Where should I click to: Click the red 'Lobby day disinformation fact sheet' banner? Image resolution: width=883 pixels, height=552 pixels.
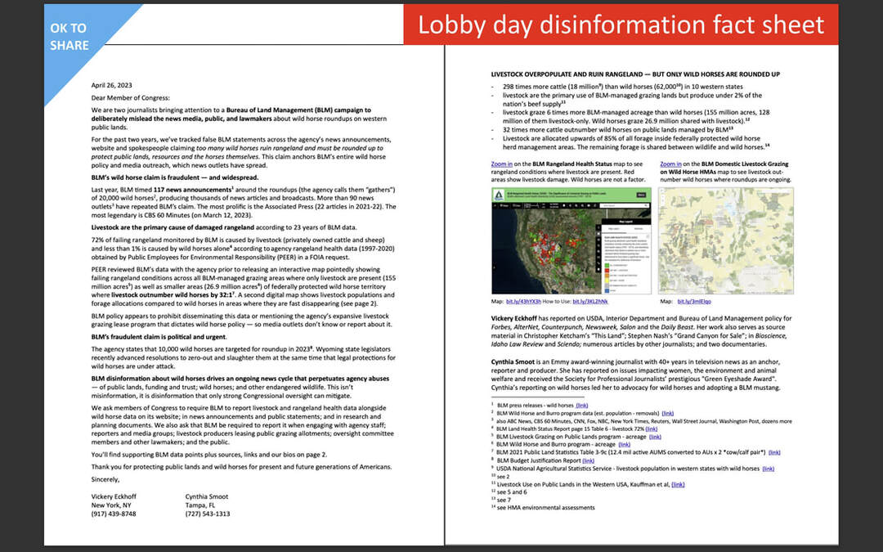621,25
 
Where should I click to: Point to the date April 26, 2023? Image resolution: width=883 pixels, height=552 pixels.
110,84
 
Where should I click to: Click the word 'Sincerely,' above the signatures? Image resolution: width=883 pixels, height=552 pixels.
106,479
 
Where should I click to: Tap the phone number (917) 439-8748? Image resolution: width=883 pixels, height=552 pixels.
114,514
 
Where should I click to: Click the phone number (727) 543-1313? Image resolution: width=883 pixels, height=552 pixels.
208,514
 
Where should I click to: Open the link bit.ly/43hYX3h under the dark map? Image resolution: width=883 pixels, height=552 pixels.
530,301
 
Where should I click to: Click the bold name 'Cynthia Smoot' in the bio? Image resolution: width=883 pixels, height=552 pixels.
513,361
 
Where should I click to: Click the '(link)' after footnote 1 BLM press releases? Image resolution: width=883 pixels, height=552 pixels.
581,405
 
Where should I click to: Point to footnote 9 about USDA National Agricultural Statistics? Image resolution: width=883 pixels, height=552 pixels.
621,468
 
